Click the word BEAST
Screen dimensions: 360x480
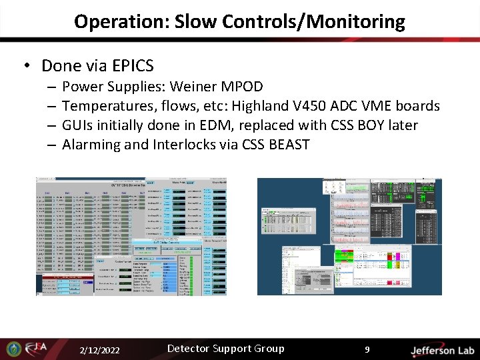(289, 145)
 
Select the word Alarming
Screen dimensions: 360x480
(91, 145)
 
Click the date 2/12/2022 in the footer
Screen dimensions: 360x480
(100, 351)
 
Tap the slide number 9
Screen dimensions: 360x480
(367, 349)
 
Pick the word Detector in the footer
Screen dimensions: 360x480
(189, 349)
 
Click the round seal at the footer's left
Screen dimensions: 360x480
(13, 349)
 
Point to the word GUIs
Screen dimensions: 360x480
(79, 125)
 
